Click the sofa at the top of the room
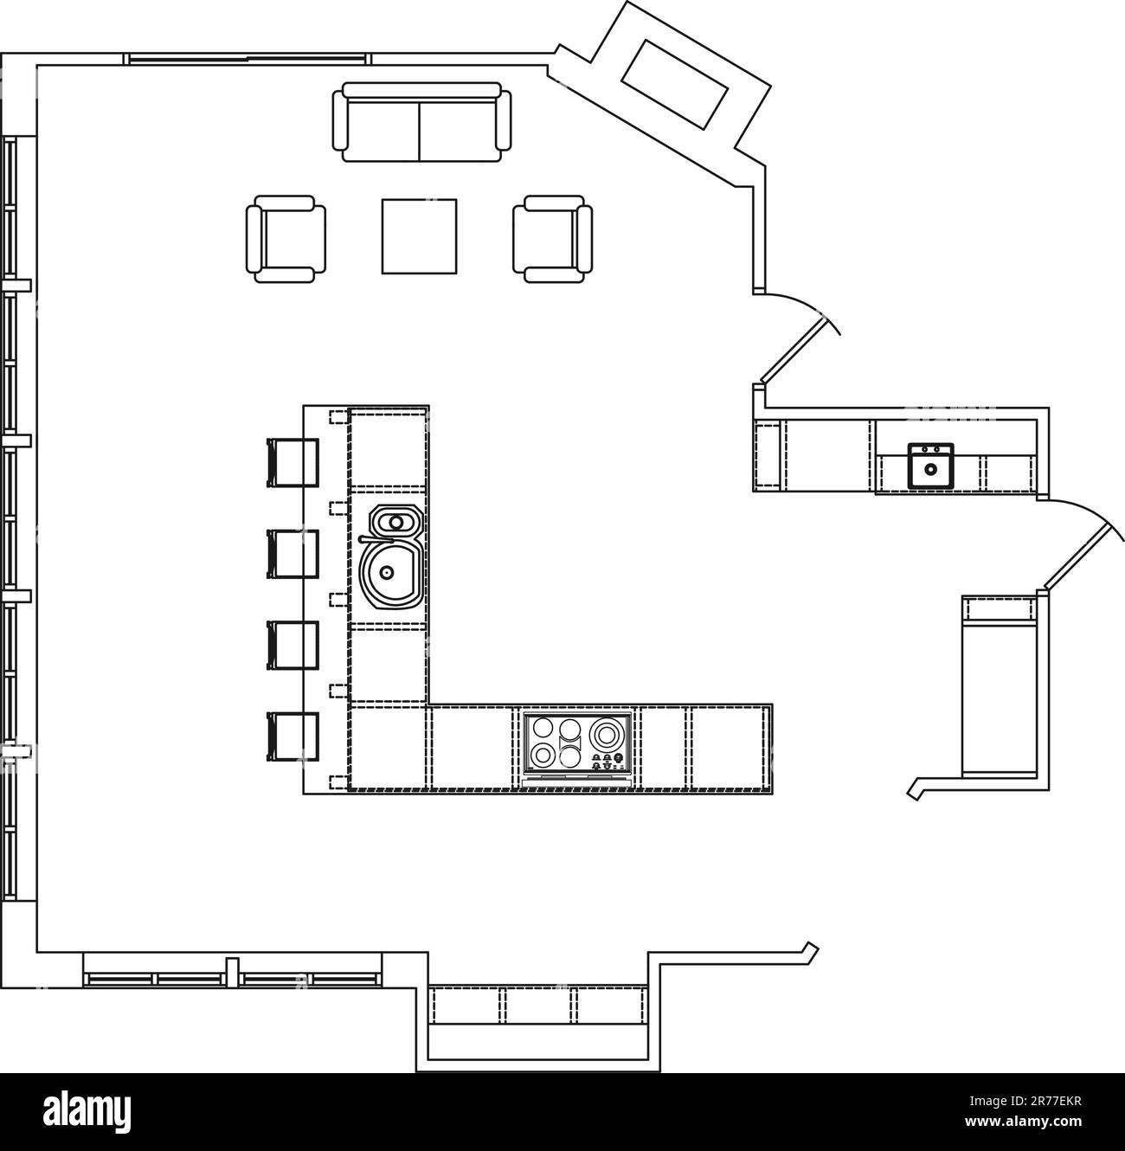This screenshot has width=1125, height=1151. (421, 122)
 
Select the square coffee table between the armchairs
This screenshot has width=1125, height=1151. (419, 236)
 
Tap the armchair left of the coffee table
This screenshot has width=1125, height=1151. (286, 239)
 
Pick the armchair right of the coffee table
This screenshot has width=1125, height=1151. (553, 239)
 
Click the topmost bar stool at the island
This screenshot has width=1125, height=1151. (292, 462)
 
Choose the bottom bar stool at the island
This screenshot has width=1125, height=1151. (292, 736)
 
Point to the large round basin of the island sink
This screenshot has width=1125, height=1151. (388, 572)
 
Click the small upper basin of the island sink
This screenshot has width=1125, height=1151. (395, 522)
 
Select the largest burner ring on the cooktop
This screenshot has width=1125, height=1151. (605, 735)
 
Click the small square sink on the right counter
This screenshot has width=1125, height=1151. (930, 466)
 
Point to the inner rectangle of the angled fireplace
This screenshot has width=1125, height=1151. (673, 84)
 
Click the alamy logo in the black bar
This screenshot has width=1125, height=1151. (87, 1112)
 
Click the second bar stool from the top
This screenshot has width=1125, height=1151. (292, 554)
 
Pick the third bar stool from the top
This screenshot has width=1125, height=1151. (292, 646)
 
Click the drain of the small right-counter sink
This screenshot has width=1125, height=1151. (930, 470)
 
